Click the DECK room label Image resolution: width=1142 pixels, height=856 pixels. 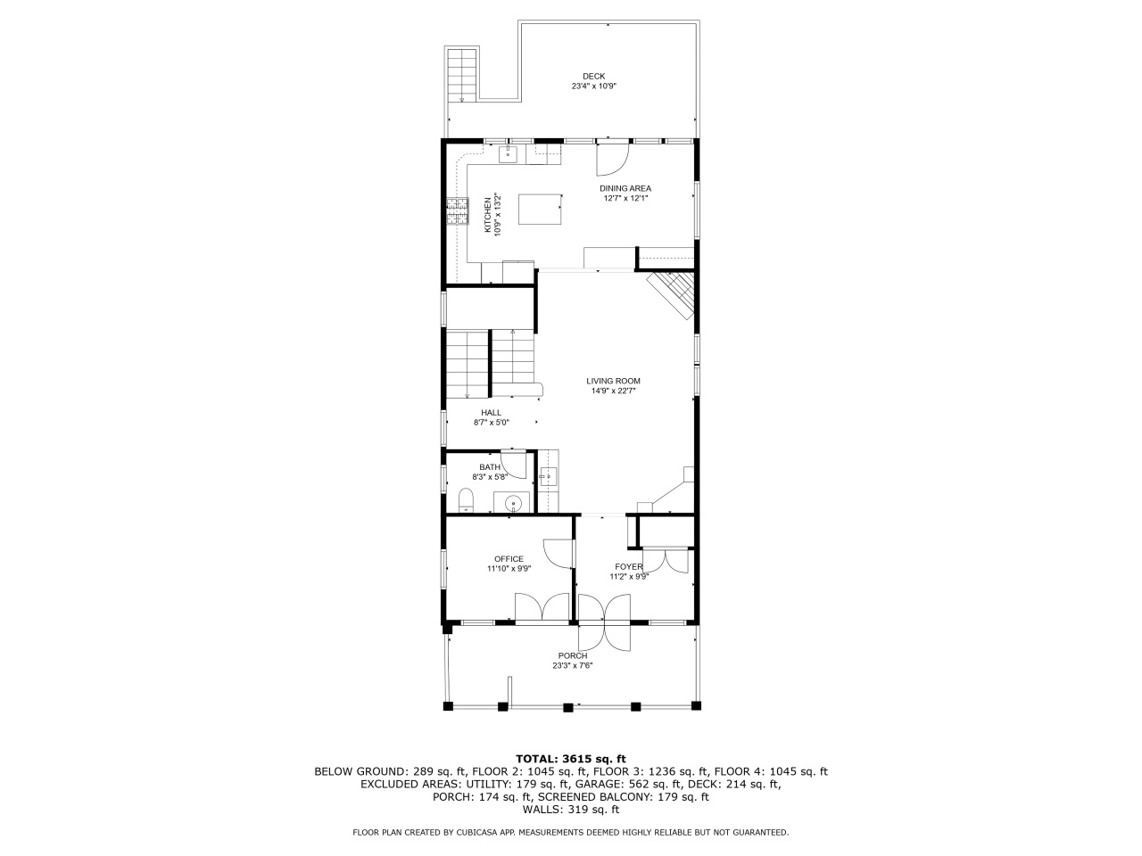tap(593, 76)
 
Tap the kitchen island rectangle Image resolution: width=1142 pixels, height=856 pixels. tap(539, 209)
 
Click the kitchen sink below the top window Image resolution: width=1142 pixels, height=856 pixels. tap(507, 156)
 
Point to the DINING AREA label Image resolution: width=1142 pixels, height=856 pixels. tap(625, 188)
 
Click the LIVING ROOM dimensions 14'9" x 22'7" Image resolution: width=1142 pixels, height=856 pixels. tap(613, 391)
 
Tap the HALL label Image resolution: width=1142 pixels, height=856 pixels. tap(491, 412)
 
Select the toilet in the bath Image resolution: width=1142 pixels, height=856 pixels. tap(466, 500)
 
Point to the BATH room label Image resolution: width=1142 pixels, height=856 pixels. tap(490, 467)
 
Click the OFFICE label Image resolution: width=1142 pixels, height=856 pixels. tap(509, 559)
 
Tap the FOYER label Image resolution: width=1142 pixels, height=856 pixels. tap(628, 566)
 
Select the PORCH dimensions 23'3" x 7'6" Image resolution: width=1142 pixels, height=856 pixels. tap(572, 665)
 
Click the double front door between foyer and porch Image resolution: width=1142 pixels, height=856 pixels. tap(604, 622)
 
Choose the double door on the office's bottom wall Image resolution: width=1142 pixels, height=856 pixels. tap(542, 608)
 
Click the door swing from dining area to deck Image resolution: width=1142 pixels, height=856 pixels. tap(613, 159)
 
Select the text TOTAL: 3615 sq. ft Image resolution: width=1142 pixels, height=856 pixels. tap(571, 758)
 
